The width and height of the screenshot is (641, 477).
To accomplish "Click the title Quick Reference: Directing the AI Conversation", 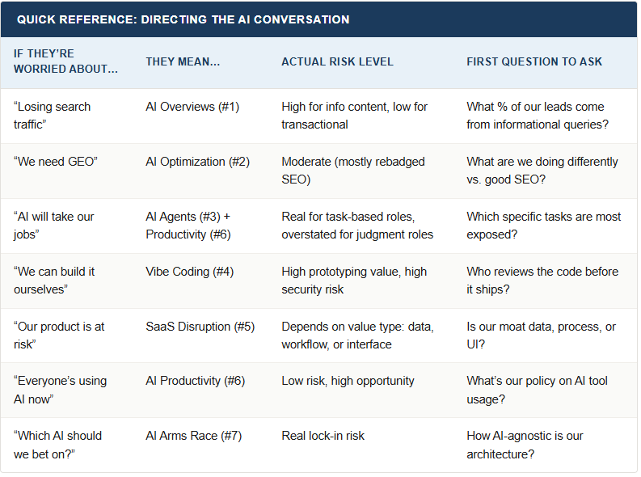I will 183,19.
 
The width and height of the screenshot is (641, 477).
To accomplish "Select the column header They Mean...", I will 182,61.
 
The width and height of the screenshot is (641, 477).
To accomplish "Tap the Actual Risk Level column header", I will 337,61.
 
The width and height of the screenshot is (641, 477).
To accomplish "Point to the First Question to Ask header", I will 533,61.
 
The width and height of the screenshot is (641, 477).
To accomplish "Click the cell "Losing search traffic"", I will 53,115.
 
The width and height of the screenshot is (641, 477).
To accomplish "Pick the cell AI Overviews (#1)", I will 192,107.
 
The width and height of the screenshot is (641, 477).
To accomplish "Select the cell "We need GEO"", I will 55,162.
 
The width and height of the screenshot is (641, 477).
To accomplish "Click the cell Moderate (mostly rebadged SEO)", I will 353,170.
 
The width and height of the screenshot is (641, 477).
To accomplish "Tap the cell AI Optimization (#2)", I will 197,162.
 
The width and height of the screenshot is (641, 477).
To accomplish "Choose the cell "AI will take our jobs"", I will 53,225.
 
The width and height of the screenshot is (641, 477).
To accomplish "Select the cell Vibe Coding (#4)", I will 189,272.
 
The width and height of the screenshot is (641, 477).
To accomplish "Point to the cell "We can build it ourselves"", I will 53,280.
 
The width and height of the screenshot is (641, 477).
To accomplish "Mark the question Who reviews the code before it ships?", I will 542,280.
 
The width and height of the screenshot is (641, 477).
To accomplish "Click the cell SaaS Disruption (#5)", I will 200,327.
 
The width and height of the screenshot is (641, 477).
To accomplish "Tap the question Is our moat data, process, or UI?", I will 541,335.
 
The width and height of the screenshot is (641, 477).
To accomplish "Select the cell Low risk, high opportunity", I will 348,381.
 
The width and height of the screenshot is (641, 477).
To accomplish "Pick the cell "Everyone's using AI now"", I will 60,389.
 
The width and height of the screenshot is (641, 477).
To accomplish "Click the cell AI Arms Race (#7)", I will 193,436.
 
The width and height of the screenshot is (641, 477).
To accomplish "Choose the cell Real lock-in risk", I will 323,436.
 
